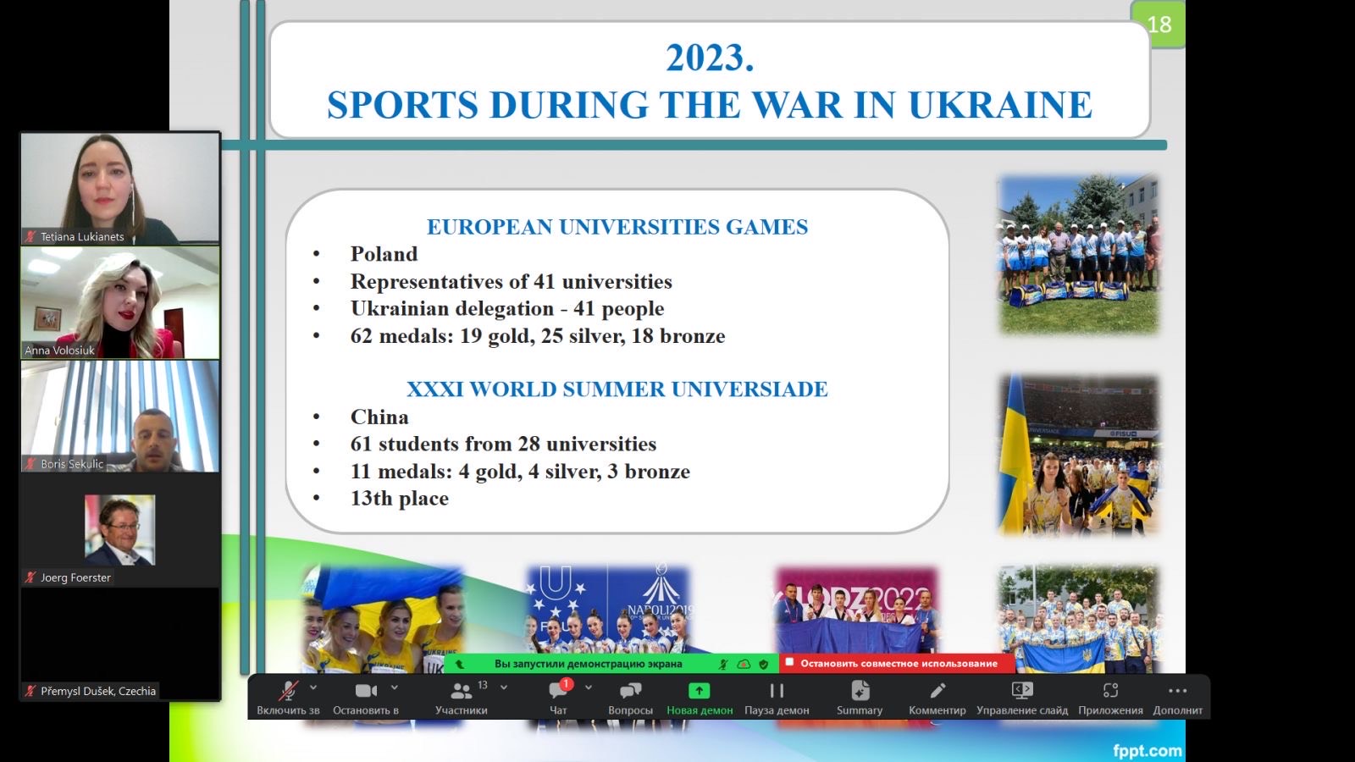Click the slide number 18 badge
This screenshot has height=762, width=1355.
[1157, 25]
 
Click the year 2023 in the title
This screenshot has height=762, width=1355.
[710, 58]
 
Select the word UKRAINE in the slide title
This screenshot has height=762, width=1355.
[1000, 105]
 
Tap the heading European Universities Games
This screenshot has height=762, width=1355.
[617, 227]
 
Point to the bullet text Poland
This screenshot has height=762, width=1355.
[384, 254]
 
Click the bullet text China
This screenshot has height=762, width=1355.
[379, 417]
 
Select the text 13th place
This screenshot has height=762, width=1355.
[399, 499]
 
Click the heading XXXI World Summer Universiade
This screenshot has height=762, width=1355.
[617, 389]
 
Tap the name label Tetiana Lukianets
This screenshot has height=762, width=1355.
[81, 236]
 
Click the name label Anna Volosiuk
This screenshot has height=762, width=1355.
[59, 351]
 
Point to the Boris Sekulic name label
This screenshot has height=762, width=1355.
[72, 464]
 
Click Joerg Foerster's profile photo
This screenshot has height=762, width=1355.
[119, 530]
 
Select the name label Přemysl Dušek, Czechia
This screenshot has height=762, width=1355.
[98, 691]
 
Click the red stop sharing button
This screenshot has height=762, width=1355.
[898, 664]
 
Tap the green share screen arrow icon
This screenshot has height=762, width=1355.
[700, 690]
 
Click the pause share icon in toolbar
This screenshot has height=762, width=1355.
[777, 690]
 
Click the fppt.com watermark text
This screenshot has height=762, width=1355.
[1148, 750]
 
